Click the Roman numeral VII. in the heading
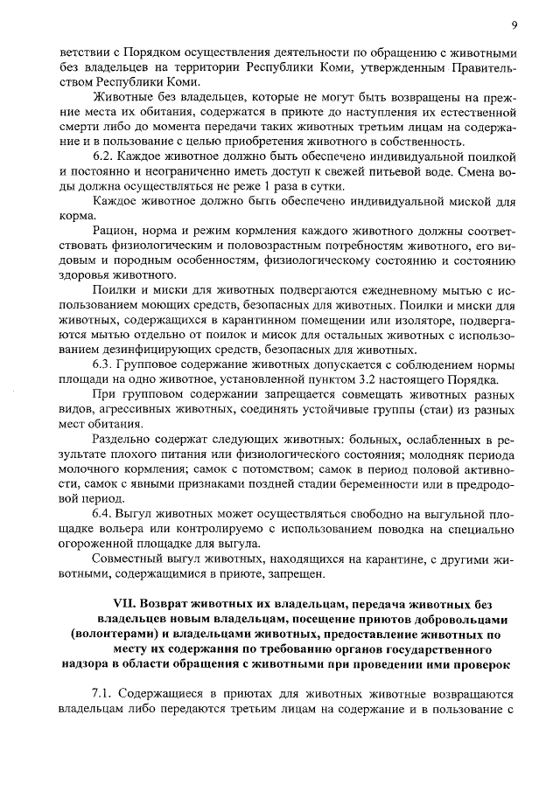[129, 605]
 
